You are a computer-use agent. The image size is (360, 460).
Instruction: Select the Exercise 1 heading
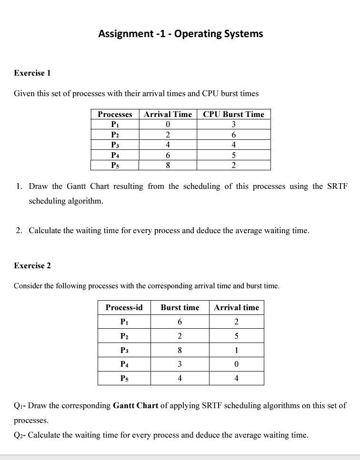click(32, 73)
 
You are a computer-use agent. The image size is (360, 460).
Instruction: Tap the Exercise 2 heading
click(32, 265)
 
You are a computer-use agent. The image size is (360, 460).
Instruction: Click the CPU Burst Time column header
click(233, 114)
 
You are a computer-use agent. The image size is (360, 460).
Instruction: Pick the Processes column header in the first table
click(115, 114)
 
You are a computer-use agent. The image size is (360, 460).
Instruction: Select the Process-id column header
click(124, 307)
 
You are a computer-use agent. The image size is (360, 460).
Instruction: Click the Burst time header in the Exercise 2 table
click(180, 307)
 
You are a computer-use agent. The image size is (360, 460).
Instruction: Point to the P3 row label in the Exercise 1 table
click(115, 145)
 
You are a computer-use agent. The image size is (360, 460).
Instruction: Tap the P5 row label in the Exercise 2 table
click(124, 379)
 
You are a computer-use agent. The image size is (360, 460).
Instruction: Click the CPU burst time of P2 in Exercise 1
click(233, 135)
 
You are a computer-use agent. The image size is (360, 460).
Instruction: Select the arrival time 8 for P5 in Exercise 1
click(168, 166)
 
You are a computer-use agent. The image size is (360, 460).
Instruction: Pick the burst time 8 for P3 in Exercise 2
click(180, 350)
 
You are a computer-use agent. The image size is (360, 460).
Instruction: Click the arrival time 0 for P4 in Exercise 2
click(236, 364)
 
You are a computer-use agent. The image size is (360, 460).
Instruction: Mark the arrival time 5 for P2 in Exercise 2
click(236, 336)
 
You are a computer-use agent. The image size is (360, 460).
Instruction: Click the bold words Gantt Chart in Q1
click(136, 406)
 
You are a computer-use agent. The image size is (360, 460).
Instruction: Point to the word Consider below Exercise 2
click(28, 286)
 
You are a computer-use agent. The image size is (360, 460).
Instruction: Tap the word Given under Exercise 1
click(24, 93)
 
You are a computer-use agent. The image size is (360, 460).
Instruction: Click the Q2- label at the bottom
click(20, 435)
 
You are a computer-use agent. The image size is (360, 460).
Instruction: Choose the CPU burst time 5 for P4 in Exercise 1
click(233, 155)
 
